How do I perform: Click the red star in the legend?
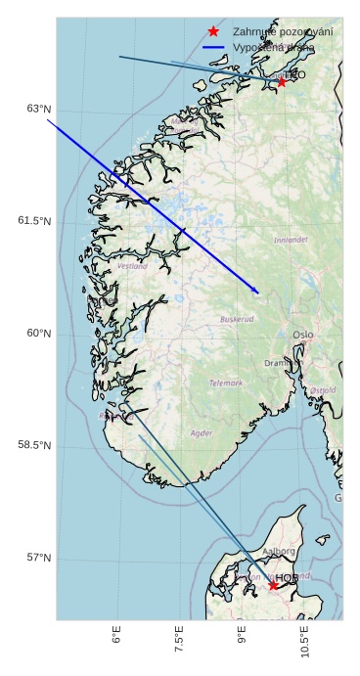(x=213, y=32)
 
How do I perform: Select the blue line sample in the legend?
(x=213, y=47)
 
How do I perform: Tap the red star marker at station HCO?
(x=282, y=82)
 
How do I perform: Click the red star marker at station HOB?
(x=273, y=585)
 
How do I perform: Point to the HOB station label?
(x=287, y=578)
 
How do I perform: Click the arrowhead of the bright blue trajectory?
(x=257, y=292)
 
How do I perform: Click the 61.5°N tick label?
(x=34, y=221)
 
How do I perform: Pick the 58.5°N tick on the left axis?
(x=34, y=445)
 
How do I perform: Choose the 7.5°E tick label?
(x=180, y=641)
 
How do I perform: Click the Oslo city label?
(x=303, y=335)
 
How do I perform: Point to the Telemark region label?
(x=226, y=383)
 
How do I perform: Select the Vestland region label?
(x=132, y=266)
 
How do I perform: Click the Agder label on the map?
(x=202, y=432)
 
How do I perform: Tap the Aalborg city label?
(x=280, y=551)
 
